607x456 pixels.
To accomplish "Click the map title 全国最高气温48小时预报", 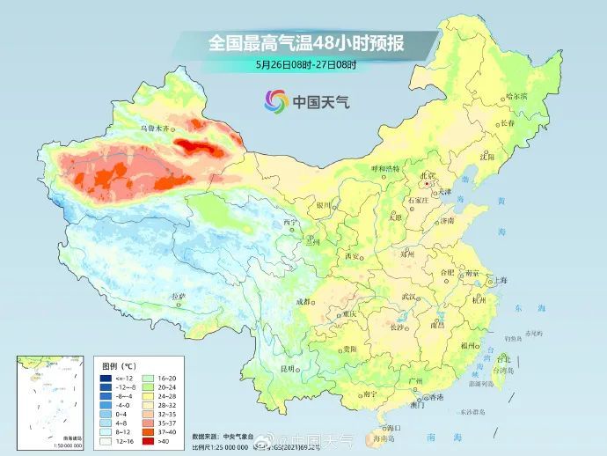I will click(303, 40).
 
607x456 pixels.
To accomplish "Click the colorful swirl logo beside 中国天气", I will click(275, 102).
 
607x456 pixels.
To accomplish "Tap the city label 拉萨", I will click(179, 297).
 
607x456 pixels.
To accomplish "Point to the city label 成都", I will click(304, 301).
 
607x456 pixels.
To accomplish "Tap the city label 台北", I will click(503, 359).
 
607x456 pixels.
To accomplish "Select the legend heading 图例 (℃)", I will click(116, 364).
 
